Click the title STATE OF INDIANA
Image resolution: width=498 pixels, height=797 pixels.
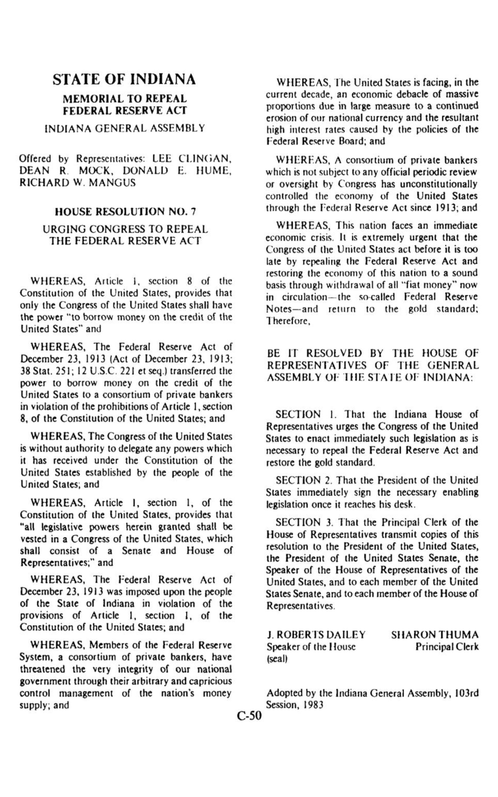point(124,80)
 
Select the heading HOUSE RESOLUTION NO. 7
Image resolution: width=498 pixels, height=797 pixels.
point(126,211)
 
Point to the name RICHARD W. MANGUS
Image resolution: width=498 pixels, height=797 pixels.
point(78,182)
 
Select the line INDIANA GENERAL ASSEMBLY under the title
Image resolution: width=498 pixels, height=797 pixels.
point(125,128)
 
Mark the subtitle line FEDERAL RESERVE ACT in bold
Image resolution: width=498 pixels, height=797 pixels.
point(125,110)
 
